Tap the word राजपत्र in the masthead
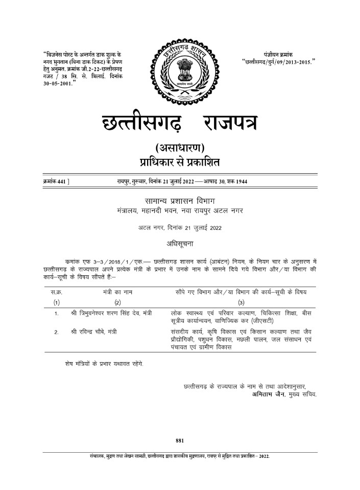pos(230,122)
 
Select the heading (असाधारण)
pos(180,149)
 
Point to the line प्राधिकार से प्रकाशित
pos(180,164)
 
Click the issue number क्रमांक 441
pos(56,181)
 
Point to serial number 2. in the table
pos(57,332)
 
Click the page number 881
pos(179,440)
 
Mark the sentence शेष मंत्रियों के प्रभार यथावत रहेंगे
pos(101,363)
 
